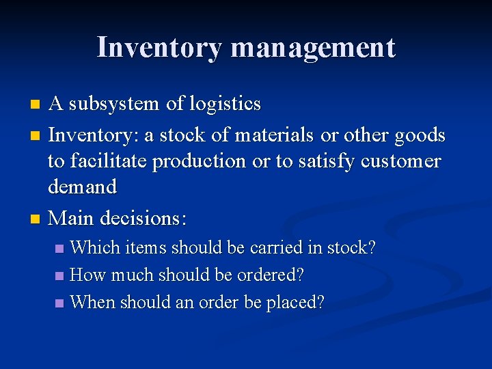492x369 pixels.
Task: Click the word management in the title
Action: pyautogui.click(x=313, y=48)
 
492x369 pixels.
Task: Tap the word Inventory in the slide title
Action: pyautogui.click(x=159, y=48)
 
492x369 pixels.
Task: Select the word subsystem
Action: pyautogui.click(x=115, y=104)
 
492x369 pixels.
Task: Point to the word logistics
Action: pyautogui.click(x=225, y=104)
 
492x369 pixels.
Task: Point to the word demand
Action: pyautogui.click(x=82, y=187)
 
